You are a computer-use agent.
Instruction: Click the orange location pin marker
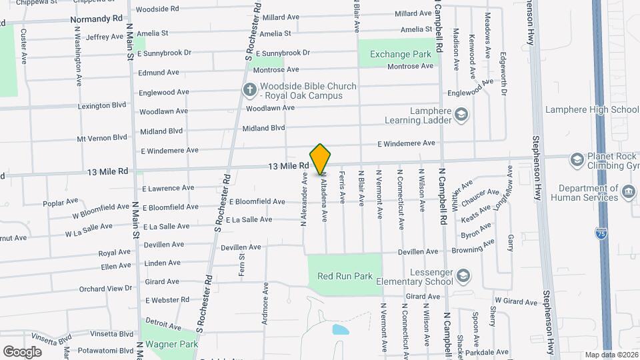(x=321, y=159)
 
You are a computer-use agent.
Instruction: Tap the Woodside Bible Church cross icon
(x=249, y=89)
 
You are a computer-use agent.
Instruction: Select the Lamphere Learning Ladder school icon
(x=461, y=115)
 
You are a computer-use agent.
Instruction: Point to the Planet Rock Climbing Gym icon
(x=577, y=159)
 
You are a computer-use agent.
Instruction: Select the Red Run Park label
(x=344, y=276)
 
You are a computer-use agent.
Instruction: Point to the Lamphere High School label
(x=592, y=110)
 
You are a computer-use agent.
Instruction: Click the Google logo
(x=22, y=351)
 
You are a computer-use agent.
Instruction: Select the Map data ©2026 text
(x=611, y=355)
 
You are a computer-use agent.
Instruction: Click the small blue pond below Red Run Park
(x=340, y=330)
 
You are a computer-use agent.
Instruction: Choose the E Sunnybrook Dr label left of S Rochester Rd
(x=163, y=52)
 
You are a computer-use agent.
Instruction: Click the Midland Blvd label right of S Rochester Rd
(x=263, y=128)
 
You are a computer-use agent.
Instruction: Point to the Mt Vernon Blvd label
(x=101, y=138)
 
